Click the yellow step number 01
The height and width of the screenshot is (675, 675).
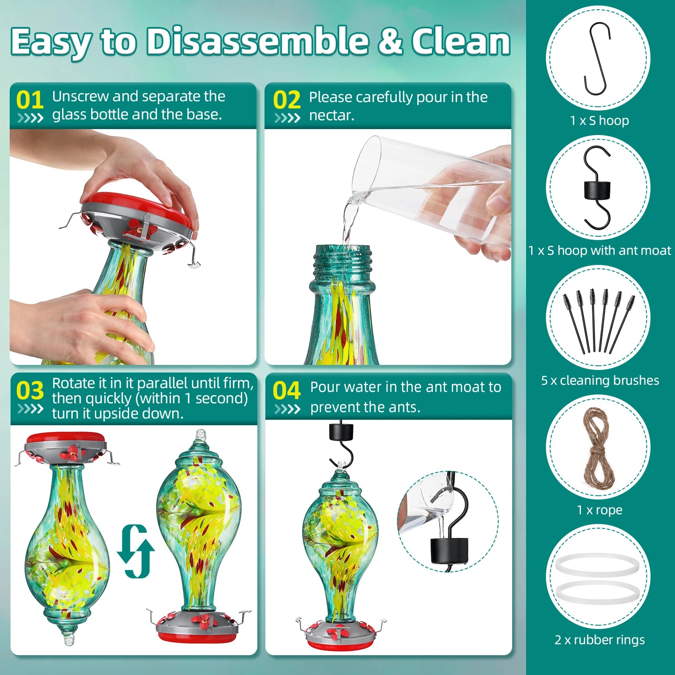coord(30,100)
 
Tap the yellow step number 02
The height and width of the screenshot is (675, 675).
coord(287,100)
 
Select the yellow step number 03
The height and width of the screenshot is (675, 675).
coord(30,391)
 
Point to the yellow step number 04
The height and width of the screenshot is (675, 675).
coord(287,391)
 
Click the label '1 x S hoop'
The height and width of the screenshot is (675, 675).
coord(599,121)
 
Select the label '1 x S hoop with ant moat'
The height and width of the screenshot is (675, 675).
coord(599,251)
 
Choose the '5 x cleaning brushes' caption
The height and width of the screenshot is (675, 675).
coord(600,381)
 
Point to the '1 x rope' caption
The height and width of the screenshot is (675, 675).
coord(599,510)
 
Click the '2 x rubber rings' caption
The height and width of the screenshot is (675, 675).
coord(599,640)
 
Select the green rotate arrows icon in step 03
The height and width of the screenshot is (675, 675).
coord(136,551)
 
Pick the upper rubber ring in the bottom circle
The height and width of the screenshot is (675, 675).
coord(597,565)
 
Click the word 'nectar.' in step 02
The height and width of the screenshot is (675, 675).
coord(332,115)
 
